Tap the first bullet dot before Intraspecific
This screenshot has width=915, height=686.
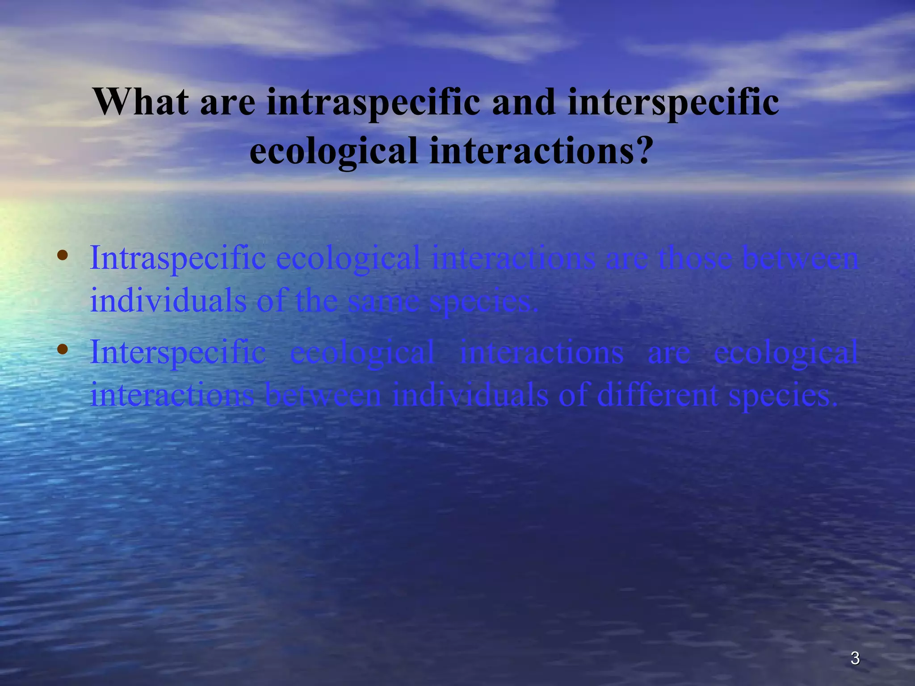[x=63, y=256]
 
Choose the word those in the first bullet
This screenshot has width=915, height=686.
[x=695, y=258]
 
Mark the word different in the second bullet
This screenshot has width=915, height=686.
[x=657, y=395]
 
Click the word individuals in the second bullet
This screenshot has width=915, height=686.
[x=470, y=395]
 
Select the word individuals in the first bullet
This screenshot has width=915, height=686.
[x=168, y=300]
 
